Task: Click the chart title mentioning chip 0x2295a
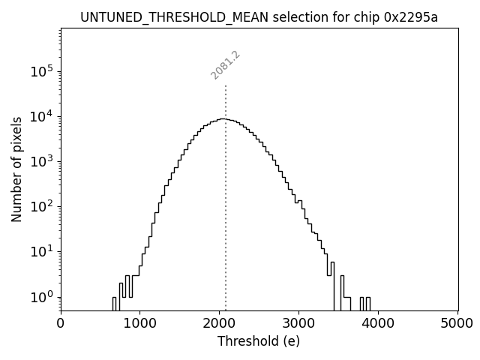pyautogui.click(x=259, y=17)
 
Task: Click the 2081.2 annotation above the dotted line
pyautogui.click(x=225, y=65)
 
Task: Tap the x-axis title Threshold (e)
pyautogui.click(x=259, y=341)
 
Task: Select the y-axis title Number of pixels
pyautogui.click(x=16, y=169)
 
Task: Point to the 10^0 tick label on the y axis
pyautogui.click(x=43, y=296)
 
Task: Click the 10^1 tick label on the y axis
pyautogui.click(x=43, y=251)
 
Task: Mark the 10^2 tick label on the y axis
pyautogui.click(x=43, y=206)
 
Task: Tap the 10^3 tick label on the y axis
pyautogui.click(x=43, y=161)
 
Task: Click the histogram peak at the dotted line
pyautogui.click(x=224, y=118)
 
